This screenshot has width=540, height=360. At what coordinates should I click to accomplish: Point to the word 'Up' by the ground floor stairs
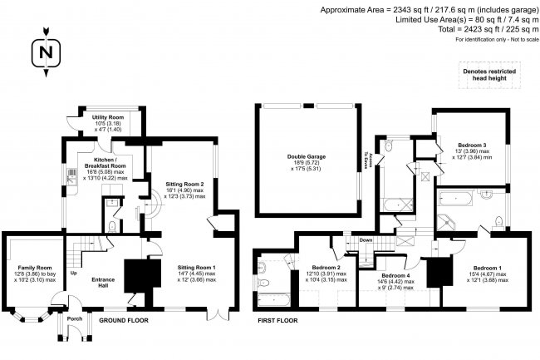pyautogui.click(x=74, y=274)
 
